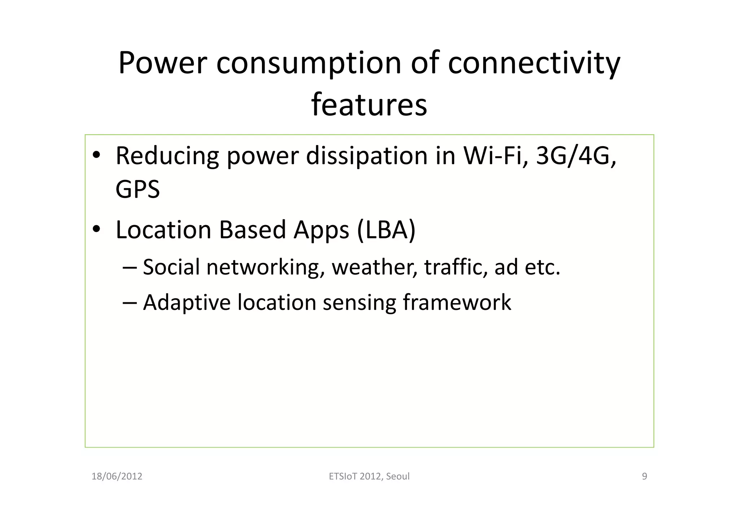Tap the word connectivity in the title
534,63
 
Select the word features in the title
369,105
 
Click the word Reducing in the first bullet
167,156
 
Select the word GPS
137,189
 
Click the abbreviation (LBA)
386,230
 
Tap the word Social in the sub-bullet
171,267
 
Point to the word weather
374,267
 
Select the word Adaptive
187,302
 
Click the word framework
457,302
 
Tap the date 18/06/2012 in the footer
117,477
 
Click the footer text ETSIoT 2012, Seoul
369,477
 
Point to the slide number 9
644,477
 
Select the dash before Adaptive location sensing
130,302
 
